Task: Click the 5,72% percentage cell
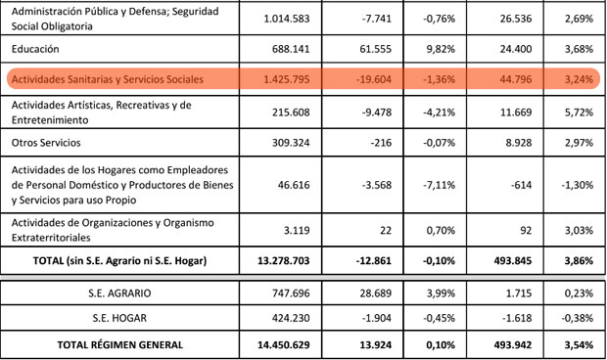point(578,111)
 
